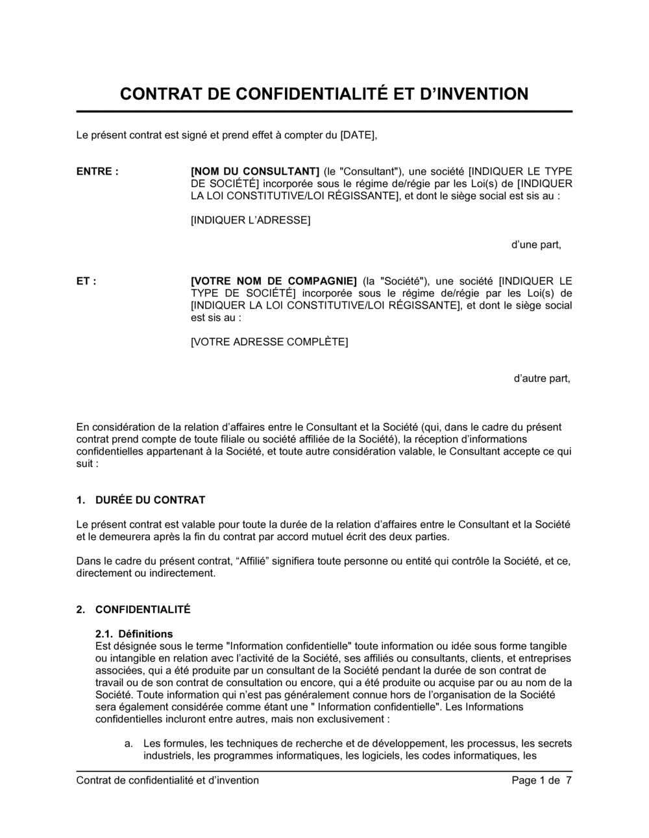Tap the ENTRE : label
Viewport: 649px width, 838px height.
tap(97, 171)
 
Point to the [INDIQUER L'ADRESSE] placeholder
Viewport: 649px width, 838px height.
tap(251, 220)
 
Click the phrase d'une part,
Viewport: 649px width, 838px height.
tap(536, 245)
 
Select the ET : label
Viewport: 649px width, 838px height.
tap(86, 281)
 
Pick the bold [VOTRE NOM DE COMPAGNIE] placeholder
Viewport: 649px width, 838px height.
tap(274, 281)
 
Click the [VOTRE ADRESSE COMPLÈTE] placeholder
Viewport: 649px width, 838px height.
tap(269, 342)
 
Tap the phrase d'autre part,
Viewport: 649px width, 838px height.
tap(542, 379)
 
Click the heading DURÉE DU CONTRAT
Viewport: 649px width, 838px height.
tap(150, 500)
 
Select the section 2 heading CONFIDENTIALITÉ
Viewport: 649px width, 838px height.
tap(143, 610)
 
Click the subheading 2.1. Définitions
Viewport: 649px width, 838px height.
tap(134, 634)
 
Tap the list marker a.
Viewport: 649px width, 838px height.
tap(129, 744)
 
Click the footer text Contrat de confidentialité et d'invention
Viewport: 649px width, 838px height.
tap(167, 781)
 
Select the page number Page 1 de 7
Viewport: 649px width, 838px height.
tap(541, 781)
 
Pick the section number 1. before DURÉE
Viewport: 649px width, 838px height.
tap(81, 500)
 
